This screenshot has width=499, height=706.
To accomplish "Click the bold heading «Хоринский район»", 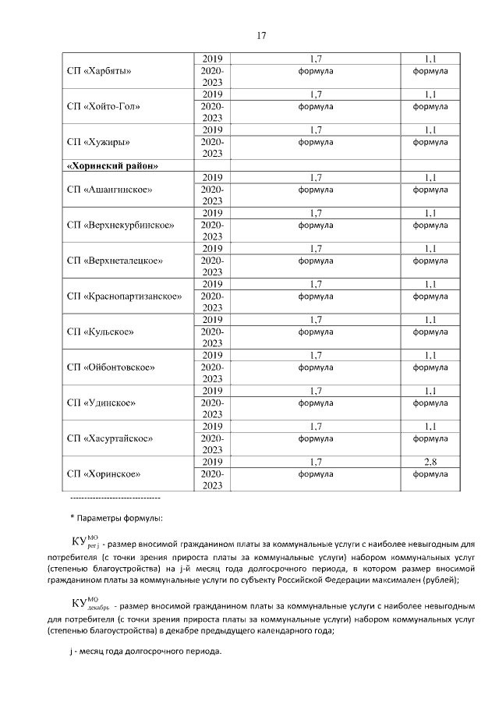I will click(114, 165).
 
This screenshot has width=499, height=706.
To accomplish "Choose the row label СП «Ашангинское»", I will click(109, 190).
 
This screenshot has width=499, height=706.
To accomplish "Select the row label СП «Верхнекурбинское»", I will click(121, 225).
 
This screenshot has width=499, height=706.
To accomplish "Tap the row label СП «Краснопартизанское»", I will click(125, 296).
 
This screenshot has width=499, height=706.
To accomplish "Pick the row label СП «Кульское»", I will click(101, 332).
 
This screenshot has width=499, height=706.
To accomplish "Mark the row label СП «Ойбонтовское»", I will click(111, 367).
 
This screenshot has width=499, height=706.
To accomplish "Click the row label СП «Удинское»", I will click(102, 403).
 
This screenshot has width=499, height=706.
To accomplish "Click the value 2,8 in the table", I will click(430, 462).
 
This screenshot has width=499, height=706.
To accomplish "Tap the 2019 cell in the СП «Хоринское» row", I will click(212, 462).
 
